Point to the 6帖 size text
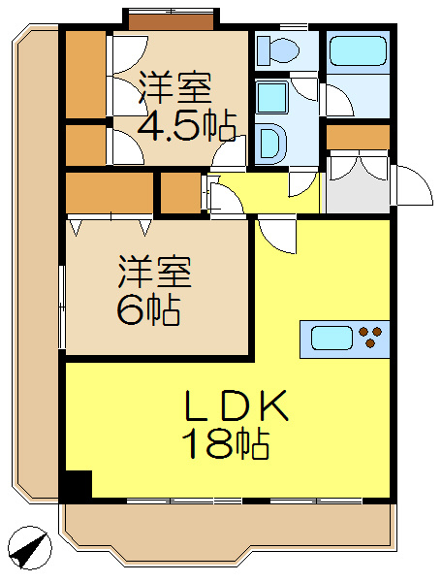click(147, 309)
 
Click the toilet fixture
click(282, 50)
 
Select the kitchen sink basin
click(331, 338)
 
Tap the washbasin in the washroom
click(271, 142)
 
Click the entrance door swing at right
click(412, 186)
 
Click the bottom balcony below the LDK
click(228, 529)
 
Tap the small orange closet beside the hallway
click(180, 193)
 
